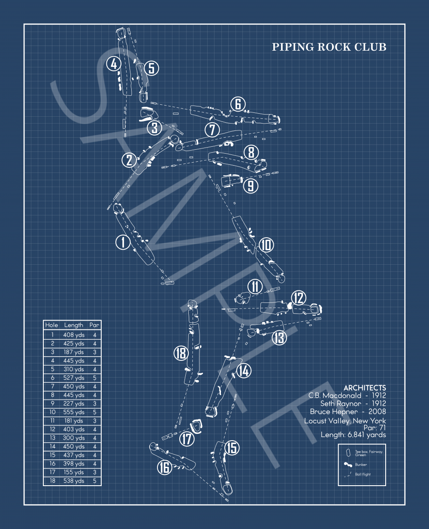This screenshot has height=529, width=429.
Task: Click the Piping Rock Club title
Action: pyautogui.click(x=329, y=47)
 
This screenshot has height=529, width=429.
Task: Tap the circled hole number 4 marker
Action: pyautogui.click(x=114, y=64)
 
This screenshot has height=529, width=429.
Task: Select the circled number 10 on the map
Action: pyautogui.click(x=266, y=245)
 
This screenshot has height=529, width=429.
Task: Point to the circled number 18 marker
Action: pyautogui.click(x=181, y=353)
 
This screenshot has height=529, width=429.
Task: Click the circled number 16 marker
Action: pyautogui.click(x=164, y=467)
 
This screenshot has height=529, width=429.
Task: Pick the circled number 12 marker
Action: pyautogui.click(x=299, y=298)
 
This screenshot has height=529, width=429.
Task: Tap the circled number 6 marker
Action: pyautogui.click(x=238, y=104)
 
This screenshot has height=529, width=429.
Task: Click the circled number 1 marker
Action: pyautogui.click(x=123, y=242)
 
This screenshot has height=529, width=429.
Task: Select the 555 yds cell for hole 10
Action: pyautogui.click(x=74, y=412)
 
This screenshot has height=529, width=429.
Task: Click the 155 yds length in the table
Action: pyautogui.click(x=74, y=472)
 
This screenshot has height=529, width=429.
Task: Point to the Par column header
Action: pyautogui.click(x=94, y=325)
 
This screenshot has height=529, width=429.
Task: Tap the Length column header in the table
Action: pyautogui.click(x=74, y=325)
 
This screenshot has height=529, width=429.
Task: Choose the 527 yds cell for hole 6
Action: pyautogui.click(x=74, y=378)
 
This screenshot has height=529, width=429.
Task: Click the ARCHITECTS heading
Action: pyautogui.click(x=365, y=388)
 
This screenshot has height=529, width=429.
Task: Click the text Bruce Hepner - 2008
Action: pyautogui.click(x=347, y=412)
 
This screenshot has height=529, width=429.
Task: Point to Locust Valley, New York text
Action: pyautogui.click(x=345, y=421)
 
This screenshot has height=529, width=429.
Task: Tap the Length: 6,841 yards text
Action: pyautogui.click(x=353, y=435)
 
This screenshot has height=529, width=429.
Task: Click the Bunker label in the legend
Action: pyautogui.click(x=361, y=465)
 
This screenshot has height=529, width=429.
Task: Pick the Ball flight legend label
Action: pyautogui.click(x=363, y=475)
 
